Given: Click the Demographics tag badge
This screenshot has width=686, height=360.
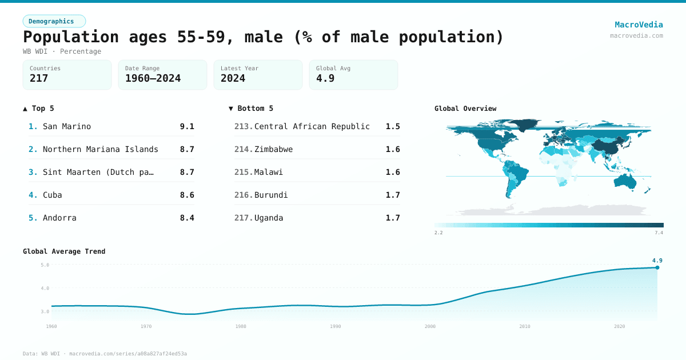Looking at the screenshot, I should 54,21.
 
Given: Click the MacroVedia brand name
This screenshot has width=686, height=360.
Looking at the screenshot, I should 639,25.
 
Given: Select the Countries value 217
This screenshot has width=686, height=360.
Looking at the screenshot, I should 39,79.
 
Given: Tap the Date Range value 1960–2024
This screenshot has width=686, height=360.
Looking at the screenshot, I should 153,79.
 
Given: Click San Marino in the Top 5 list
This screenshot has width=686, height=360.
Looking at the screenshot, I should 67,126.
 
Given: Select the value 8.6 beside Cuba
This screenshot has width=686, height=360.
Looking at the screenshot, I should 187,195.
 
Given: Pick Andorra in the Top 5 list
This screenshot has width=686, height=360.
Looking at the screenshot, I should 59,218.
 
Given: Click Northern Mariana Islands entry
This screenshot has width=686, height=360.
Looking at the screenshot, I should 101,149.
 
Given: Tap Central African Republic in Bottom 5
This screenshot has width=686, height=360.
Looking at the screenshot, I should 312,126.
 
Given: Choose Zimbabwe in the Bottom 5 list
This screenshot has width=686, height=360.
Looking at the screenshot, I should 273,149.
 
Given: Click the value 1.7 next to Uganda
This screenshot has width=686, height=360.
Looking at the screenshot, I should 393,218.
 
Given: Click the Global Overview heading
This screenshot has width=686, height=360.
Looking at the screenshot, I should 465,109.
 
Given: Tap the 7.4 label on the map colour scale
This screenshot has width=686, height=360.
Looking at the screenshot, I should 659,233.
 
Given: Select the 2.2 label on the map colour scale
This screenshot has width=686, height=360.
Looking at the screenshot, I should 438,233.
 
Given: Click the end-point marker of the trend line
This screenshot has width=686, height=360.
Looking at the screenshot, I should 657,267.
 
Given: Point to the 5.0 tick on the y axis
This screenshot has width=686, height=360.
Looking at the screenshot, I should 45,265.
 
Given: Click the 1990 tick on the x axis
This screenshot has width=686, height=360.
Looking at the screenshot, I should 336,326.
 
